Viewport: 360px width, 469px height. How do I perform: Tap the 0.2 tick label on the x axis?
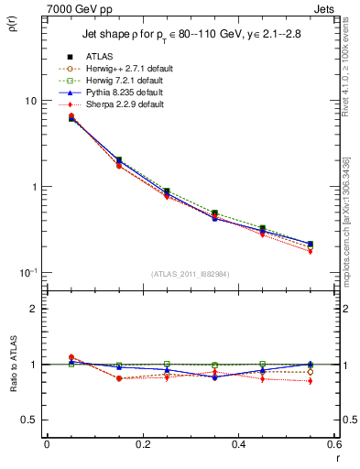pyautogui.click(x=143, y=444)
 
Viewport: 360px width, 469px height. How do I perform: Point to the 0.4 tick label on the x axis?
pyautogui.click(x=239, y=444)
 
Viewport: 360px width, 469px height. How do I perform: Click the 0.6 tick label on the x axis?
pyautogui.click(x=335, y=444)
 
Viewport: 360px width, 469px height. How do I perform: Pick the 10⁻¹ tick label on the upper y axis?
pyautogui.click(x=29, y=272)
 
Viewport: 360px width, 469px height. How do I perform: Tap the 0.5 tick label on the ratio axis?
pyautogui.click(x=31, y=420)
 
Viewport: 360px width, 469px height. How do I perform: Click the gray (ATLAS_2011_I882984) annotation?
pyautogui.click(x=191, y=274)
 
